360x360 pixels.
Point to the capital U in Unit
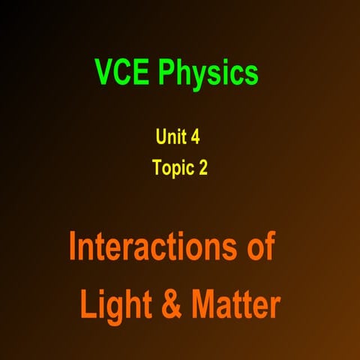[160, 137]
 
